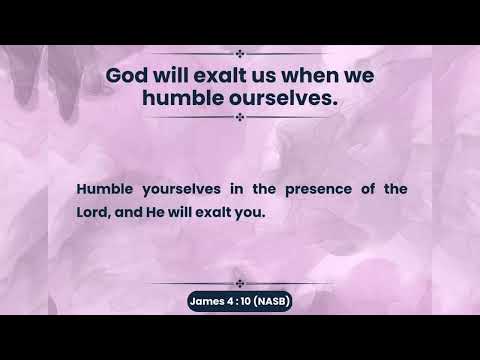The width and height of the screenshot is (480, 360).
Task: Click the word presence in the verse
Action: (x=308, y=188)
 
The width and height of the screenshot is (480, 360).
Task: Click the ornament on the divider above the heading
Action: (x=239, y=53)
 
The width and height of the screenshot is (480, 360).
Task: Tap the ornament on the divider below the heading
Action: (x=239, y=117)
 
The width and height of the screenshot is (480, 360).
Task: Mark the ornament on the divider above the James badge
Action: (x=239, y=284)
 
